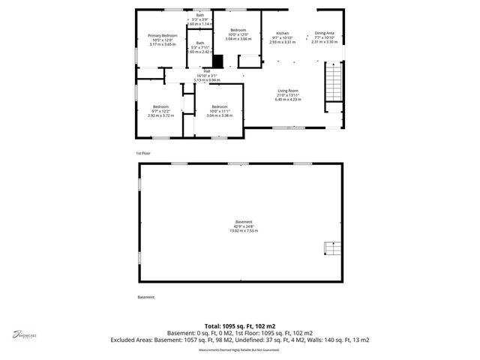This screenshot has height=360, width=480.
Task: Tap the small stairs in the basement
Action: click(330, 248)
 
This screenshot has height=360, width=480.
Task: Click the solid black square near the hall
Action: click(217, 61)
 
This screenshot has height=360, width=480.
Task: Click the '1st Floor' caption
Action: click(142, 153)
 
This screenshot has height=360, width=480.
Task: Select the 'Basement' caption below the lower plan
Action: click(145, 297)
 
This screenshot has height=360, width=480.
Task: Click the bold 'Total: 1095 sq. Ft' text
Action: click(239, 326)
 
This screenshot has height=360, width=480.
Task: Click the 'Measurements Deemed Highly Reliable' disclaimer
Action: click(239, 349)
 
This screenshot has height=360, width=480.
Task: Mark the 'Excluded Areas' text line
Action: click(239, 340)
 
